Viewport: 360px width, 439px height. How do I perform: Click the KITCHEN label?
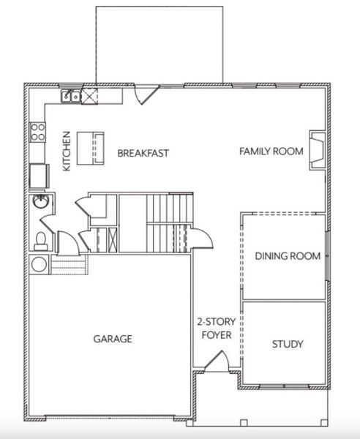67,151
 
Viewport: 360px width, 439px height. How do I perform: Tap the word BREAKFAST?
143,153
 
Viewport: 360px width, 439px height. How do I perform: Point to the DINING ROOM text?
288,256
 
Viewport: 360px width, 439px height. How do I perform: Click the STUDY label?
288,344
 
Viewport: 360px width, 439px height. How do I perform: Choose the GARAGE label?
112,339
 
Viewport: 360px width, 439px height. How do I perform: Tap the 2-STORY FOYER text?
214,329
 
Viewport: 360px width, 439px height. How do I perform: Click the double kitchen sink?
71,95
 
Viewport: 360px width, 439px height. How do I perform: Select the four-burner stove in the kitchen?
37,132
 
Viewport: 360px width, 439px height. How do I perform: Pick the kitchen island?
89,146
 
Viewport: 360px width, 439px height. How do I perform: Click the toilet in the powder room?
41,239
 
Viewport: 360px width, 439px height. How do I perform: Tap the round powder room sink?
40,203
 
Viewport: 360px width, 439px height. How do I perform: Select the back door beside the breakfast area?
149,94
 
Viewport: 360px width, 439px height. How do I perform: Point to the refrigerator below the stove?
37,176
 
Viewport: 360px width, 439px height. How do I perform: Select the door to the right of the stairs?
200,238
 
